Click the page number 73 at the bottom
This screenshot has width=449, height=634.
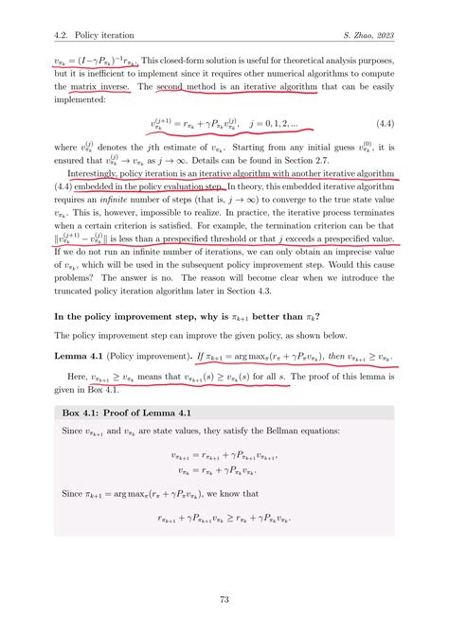pyautogui.click(x=224, y=599)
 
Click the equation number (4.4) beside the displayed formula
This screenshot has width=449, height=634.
pyautogui.click(x=398, y=124)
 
